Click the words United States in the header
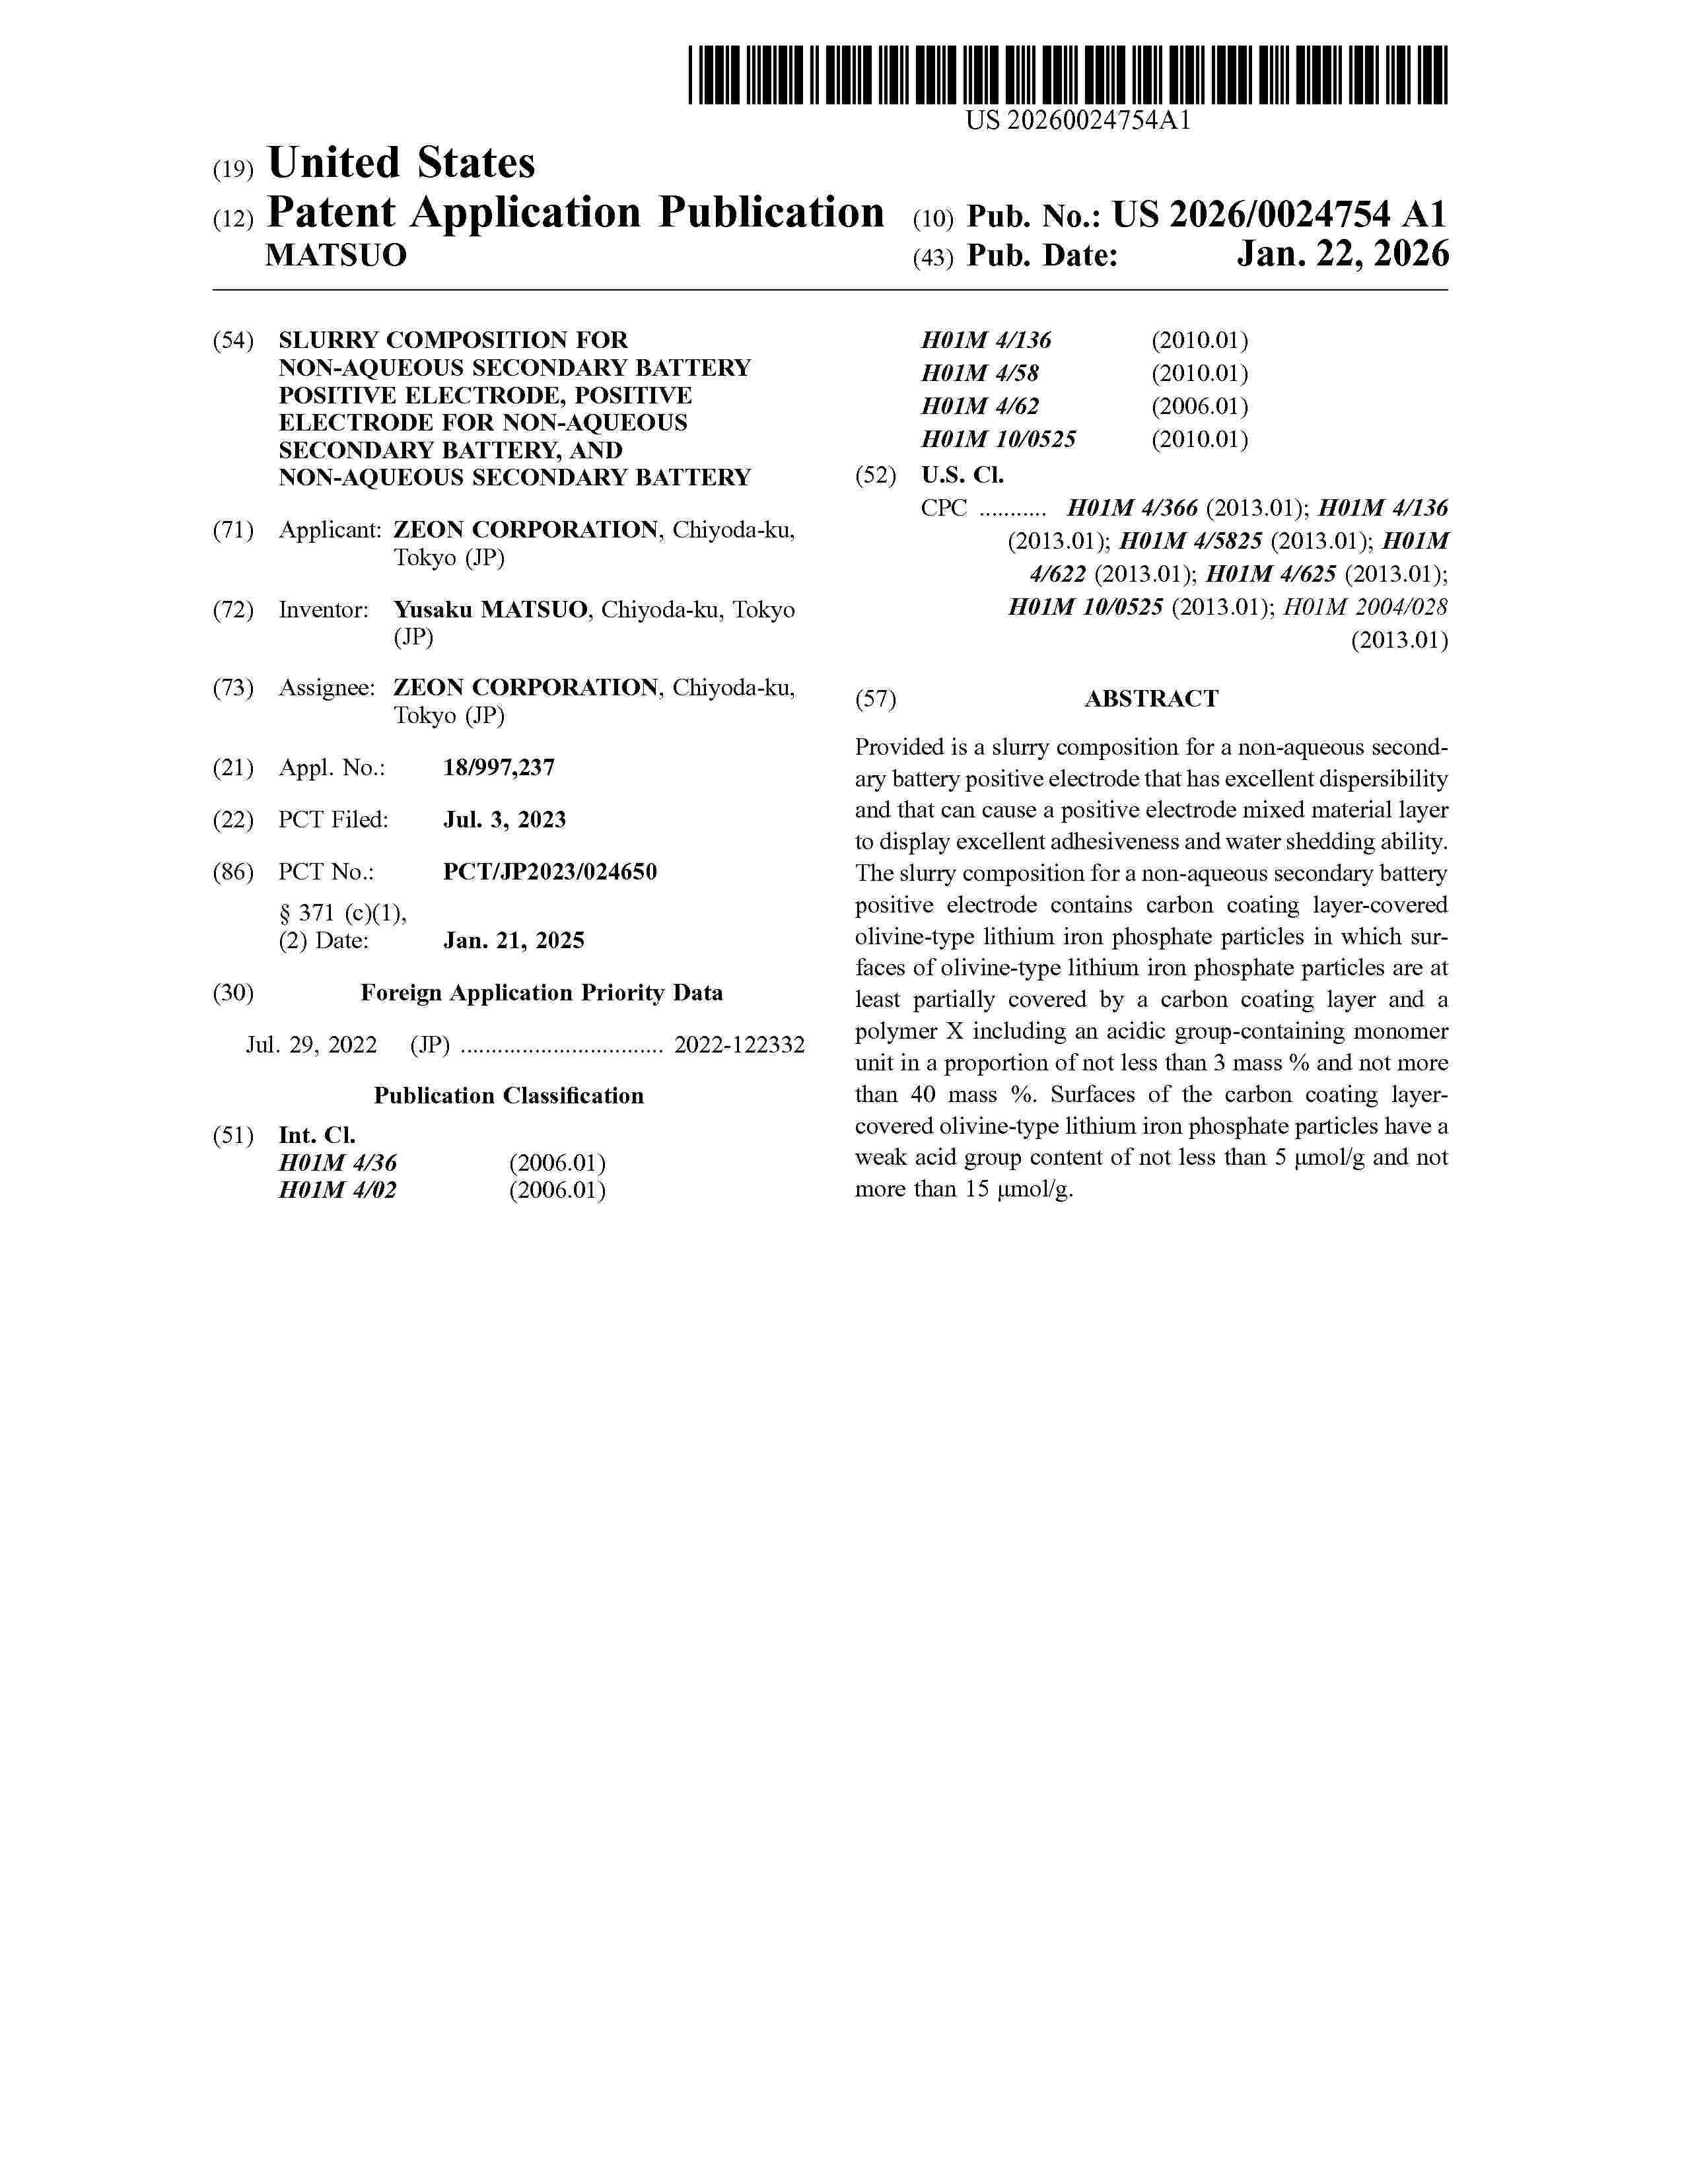pyautogui.click(x=401, y=164)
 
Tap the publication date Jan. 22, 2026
pyautogui.click(x=1342, y=256)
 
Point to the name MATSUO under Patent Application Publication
pyautogui.click(x=335, y=256)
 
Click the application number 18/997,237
pyautogui.click(x=499, y=767)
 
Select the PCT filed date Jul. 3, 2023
pyautogui.click(x=504, y=819)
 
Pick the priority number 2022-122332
pyautogui.click(x=739, y=1045)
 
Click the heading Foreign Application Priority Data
pyautogui.click(x=541, y=992)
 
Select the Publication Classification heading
pyautogui.click(x=509, y=1095)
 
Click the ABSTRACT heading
pyautogui.click(x=1150, y=699)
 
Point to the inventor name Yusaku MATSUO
pyautogui.click(x=491, y=609)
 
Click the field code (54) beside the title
pyautogui.click(x=232, y=340)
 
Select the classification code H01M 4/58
pyautogui.click(x=979, y=373)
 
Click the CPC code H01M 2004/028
pyautogui.click(x=1365, y=607)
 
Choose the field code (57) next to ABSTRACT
pyautogui.click(x=875, y=699)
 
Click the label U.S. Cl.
pyautogui.click(x=962, y=475)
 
